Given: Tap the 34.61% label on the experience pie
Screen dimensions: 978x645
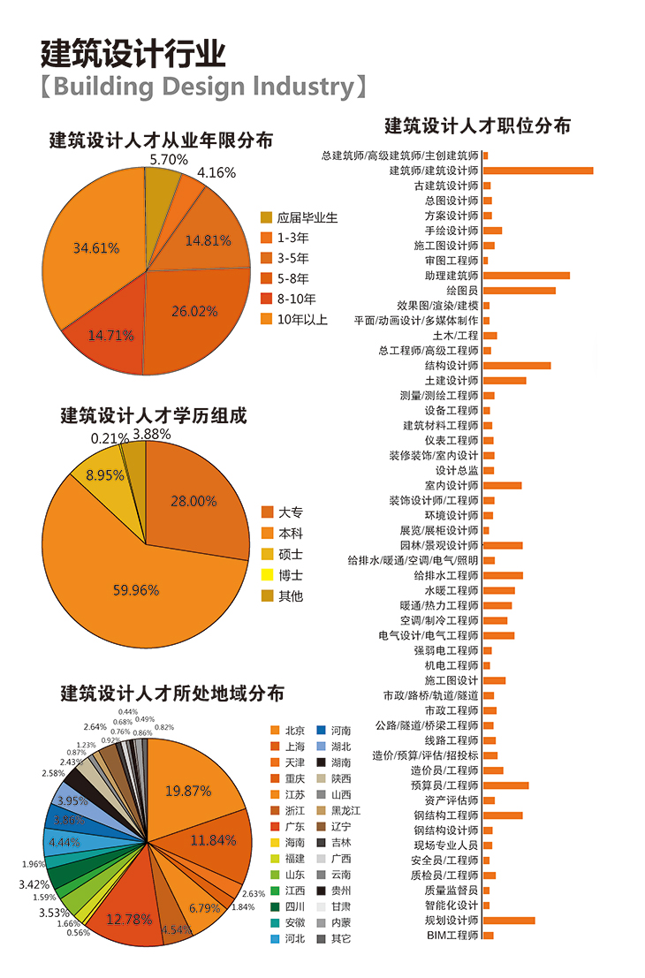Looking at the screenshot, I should pyautogui.click(x=96, y=248).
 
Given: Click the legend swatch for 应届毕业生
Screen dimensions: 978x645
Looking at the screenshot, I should pyautogui.click(x=266, y=217).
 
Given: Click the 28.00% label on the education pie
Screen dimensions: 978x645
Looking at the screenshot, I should pyautogui.click(x=193, y=501).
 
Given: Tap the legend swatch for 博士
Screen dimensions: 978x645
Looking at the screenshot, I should pyautogui.click(x=266, y=575).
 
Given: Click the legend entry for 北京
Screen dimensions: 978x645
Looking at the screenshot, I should pyautogui.click(x=295, y=731).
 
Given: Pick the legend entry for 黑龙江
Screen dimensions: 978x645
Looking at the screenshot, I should pyautogui.click(x=345, y=810).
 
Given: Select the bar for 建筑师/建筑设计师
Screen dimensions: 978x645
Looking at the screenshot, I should pyautogui.click(x=537, y=171).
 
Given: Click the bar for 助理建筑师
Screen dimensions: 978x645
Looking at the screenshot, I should pyautogui.click(x=526, y=276).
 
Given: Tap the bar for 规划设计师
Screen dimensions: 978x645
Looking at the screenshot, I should pyautogui.click(x=508, y=921).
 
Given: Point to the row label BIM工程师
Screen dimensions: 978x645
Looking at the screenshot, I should pyautogui.click(x=452, y=935).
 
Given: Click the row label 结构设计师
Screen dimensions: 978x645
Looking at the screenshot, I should pyautogui.click(x=451, y=366).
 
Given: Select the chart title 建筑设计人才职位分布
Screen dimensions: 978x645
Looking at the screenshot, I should pyautogui.click(x=477, y=125).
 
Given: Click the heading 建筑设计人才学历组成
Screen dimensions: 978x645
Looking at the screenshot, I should pyautogui.click(x=153, y=414).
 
